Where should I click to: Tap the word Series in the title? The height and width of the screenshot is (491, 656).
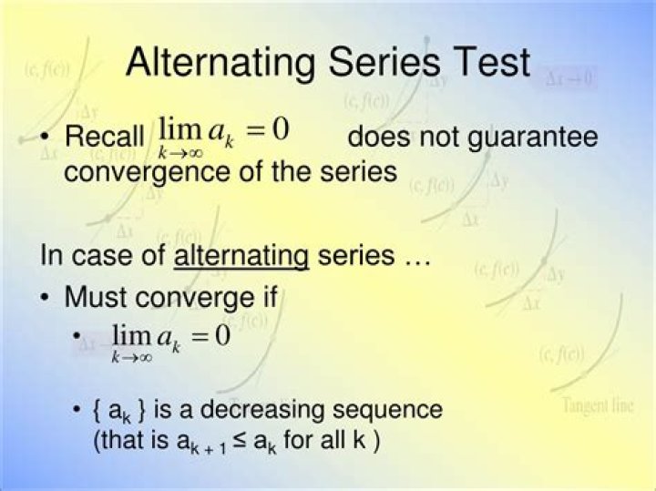click(x=384, y=62)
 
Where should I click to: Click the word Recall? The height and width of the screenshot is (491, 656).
click(x=105, y=136)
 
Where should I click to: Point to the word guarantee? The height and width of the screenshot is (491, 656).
click(x=532, y=138)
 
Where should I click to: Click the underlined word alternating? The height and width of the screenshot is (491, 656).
click(x=241, y=257)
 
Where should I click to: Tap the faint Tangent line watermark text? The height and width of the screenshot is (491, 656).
click(x=598, y=405)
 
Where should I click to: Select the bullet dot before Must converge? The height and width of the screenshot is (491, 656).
click(x=45, y=298)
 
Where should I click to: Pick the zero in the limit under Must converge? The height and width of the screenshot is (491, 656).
click(x=222, y=335)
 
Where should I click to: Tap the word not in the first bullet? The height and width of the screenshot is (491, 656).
click(x=439, y=137)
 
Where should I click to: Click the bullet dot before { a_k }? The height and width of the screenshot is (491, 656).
click(x=77, y=409)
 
